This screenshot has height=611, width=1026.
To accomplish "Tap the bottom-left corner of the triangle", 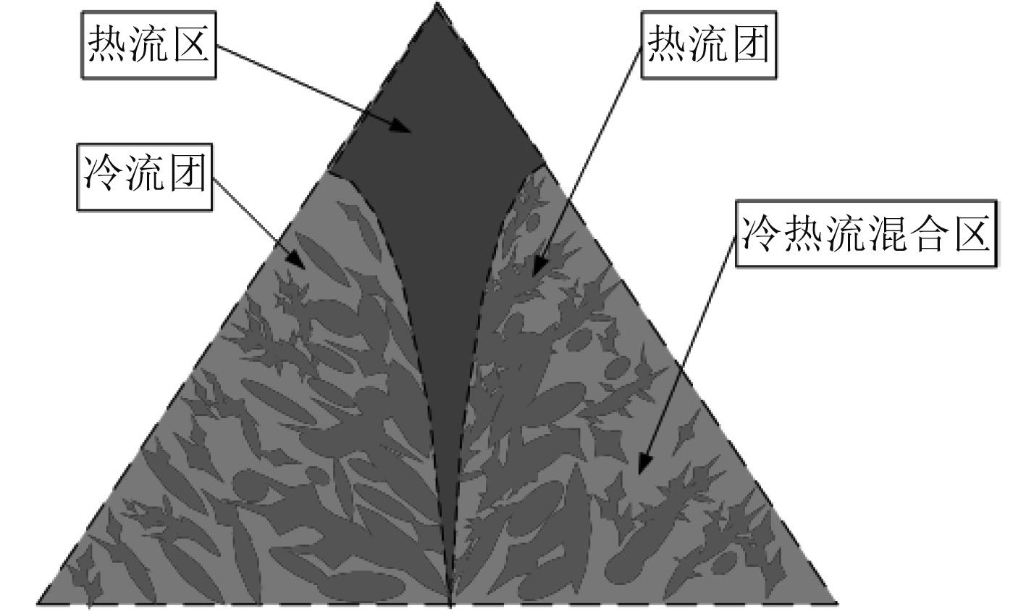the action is pos(38,602).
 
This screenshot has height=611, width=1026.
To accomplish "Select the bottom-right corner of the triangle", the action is pos(837,602).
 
